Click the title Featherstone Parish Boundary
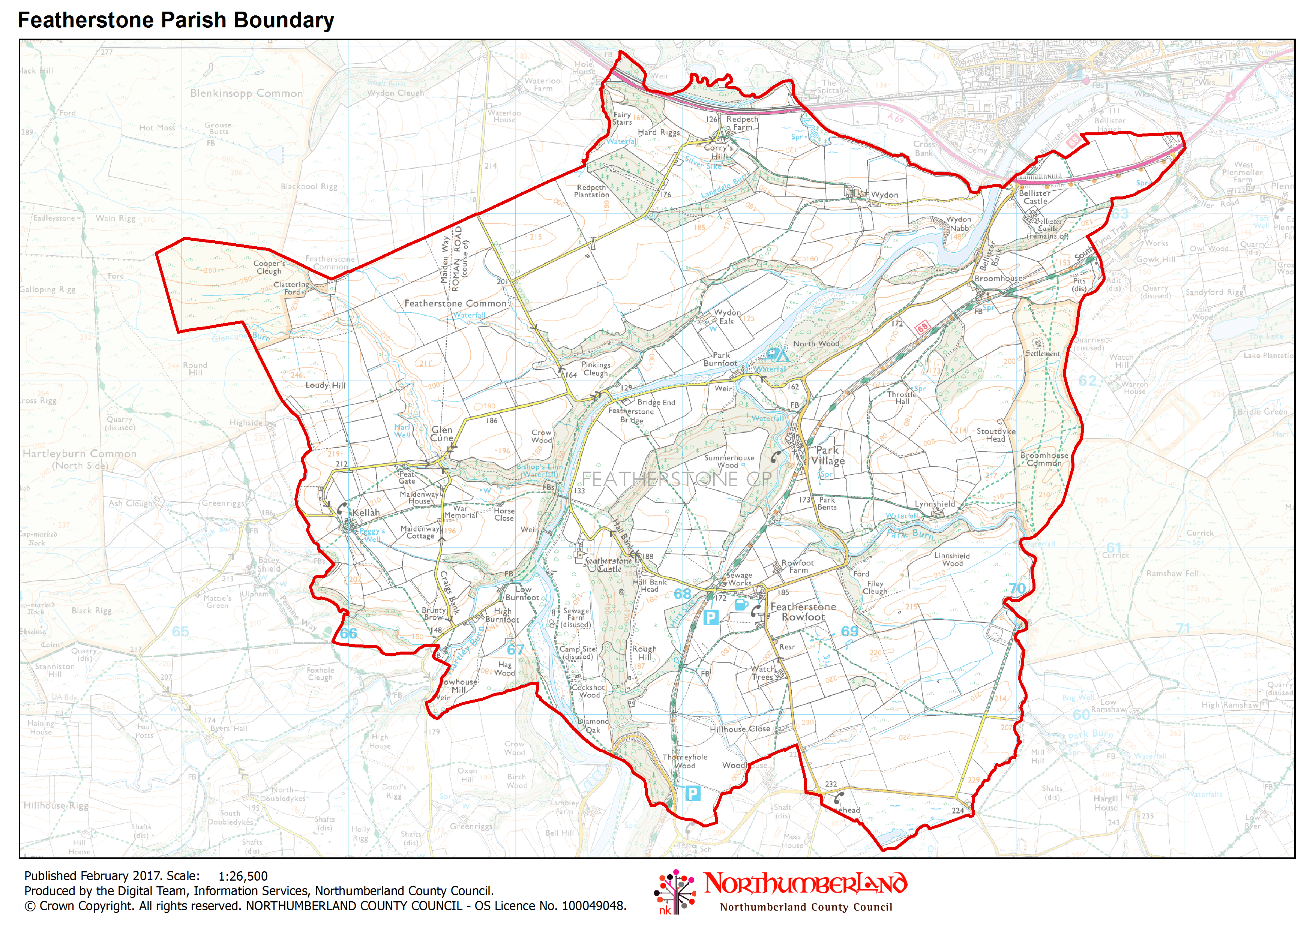tap(176, 20)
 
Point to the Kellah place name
tap(366, 512)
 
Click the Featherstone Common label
tap(456, 303)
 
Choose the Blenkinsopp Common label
tap(246, 93)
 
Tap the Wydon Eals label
tap(727, 317)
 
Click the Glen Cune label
tap(442, 434)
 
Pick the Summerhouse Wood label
tap(729, 462)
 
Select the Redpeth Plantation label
tap(591, 191)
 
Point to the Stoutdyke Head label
tap(996, 435)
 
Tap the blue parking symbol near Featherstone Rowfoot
tap(711, 617)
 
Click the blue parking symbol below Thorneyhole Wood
tap(692, 793)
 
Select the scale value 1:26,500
tap(243, 876)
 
